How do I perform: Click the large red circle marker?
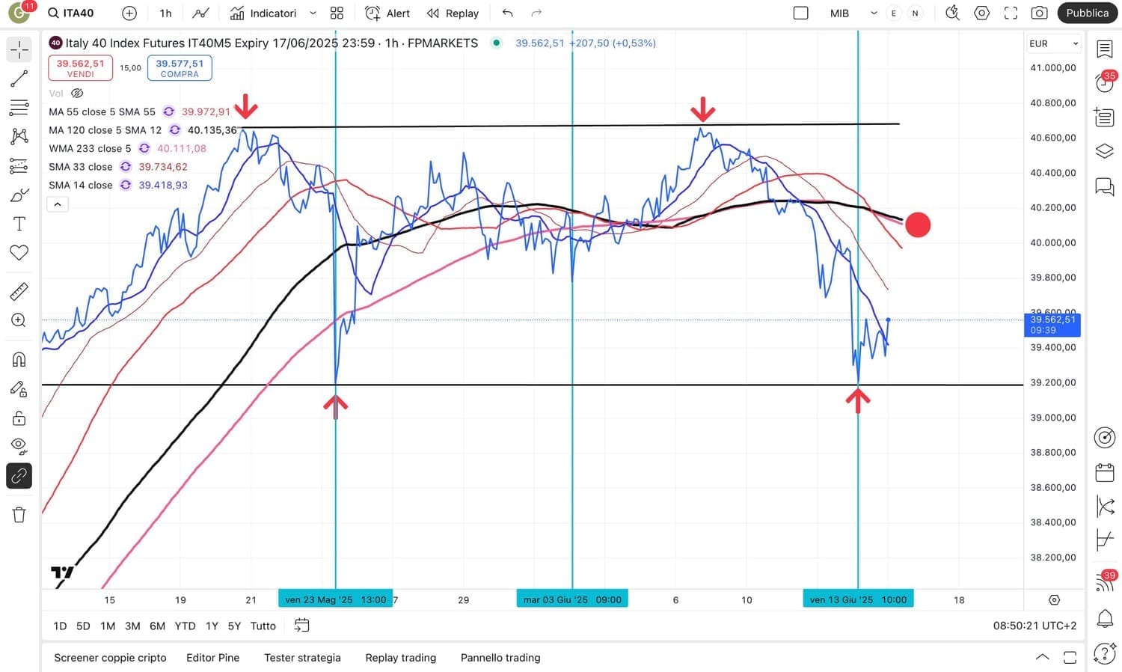pyautogui.click(x=918, y=224)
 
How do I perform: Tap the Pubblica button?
pyautogui.click(x=1087, y=13)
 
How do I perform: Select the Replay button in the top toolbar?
pyautogui.click(x=453, y=13)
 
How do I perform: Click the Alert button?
pyautogui.click(x=387, y=13)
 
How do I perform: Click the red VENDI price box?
pyautogui.click(x=80, y=68)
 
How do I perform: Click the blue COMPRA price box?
pyautogui.click(x=180, y=68)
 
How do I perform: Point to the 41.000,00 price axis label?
pyautogui.click(x=1052, y=67)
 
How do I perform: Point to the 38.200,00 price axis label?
pyautogui.click(x=1052, y=558)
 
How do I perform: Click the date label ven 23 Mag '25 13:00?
pyautogui.click(x=335, y=599)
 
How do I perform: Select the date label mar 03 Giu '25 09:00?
pyautogui.click(x=572, y=599)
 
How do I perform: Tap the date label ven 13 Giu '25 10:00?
pyautogui.click(x=858, y=599)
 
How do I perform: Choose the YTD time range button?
pyautogui.click(x=185, y=626)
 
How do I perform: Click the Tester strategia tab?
pyautogui.click(x=302, y=658)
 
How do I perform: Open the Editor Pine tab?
pyautogui.click(x=212, y=658)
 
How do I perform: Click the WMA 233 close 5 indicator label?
pyautogui.click(x=90, y=148)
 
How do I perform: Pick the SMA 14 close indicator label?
pyautogui.click(x=81, y=185)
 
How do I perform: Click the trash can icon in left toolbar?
pyautogui.click(x=19, y=515)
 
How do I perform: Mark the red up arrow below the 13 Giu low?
pyautogui.click(x=858, y=400)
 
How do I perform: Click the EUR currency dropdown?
pyautogui.click(x=1053, y=43)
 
